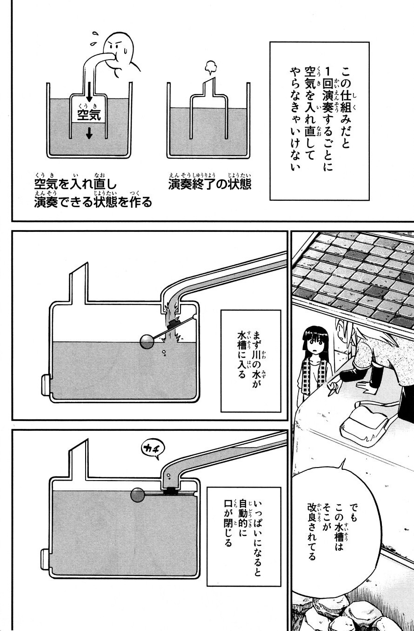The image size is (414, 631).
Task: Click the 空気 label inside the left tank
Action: click(89, 115)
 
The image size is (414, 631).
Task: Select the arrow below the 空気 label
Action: click(89, 133)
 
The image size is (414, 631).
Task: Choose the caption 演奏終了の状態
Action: click(210, 184)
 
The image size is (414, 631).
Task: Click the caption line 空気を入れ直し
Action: click(75, 184)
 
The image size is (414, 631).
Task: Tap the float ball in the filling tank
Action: click(147, 341)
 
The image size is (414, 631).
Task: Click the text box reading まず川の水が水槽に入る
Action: click(251, 361)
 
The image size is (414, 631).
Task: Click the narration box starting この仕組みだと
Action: click(320, 121)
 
